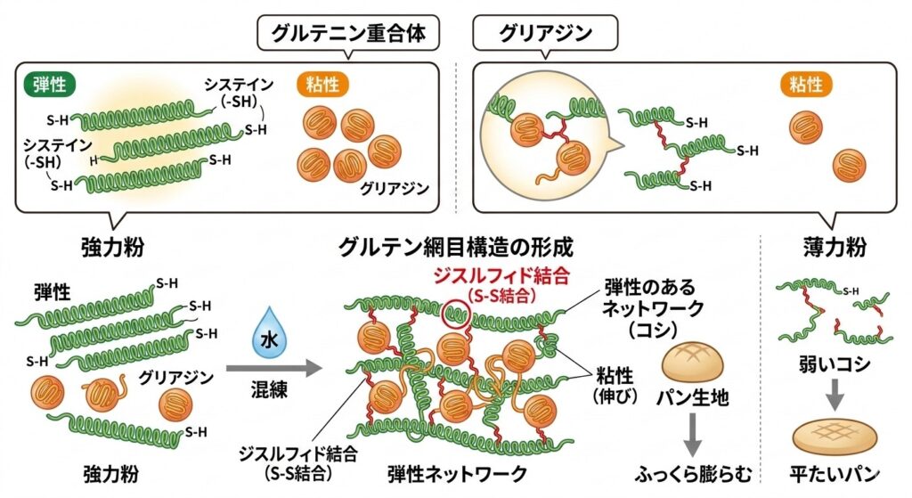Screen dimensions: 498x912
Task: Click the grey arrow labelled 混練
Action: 273,367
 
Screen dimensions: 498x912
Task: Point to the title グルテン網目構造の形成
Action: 456,245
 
